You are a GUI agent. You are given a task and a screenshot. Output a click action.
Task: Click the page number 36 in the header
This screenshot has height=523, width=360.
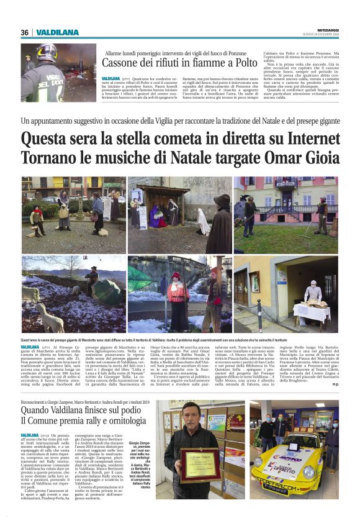point(25,32)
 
